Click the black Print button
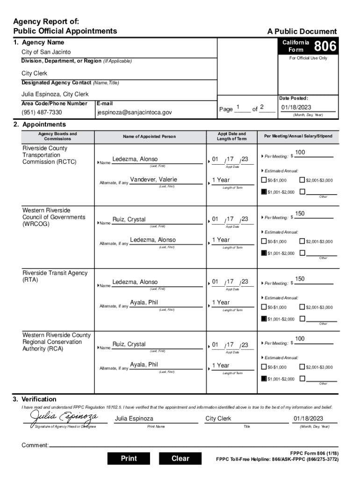click(129, 458)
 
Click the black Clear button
click(180, 458)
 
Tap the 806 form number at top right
click(324, 46)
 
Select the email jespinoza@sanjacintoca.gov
click(135, 113)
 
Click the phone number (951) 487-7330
click(42, 113)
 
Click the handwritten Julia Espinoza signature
click(64, 416)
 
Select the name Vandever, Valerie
click(153, 180)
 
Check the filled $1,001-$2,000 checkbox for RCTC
click(264, 191)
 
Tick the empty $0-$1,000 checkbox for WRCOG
click(264, 241)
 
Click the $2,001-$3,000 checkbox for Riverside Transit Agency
click(302, 307)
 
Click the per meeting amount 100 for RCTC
click(300, 153)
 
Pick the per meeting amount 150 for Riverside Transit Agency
click(300, 279)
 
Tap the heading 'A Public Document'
click(302, 31)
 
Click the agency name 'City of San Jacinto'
click(46, 52)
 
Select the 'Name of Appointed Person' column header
click(149, 137)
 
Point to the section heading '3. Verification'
click(35, 399)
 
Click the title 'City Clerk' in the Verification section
click(218, 419)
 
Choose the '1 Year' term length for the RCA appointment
click(221, 365)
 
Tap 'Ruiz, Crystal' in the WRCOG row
click(129, 219)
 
